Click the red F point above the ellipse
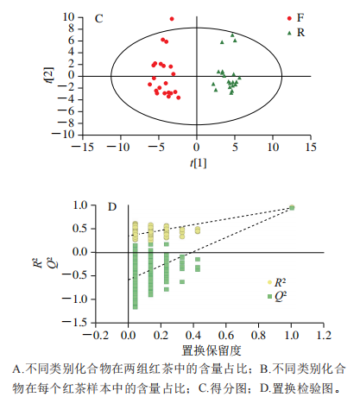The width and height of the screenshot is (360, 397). [172, 19]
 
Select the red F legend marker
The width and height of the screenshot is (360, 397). [289, 18]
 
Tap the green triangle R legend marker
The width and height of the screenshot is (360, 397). [289, 33]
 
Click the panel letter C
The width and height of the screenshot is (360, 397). [98, 19]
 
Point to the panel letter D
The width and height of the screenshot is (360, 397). [112, 207]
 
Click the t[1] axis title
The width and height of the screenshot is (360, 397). [198, 163]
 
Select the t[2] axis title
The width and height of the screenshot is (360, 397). [49, 75]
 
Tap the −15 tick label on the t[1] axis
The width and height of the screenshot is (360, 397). [83, 148]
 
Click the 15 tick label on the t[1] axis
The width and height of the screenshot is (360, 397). [311, 148]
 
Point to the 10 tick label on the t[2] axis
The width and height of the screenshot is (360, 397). [68, 17]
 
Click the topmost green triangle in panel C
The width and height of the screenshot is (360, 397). [232, 35]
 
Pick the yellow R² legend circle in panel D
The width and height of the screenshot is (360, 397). [269, 282]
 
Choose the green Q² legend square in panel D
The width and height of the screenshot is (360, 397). [269, 296]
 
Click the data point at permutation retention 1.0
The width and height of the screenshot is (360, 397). [292, 207]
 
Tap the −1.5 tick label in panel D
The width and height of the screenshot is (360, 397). [75, 323]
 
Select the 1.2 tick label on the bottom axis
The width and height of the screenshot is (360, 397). [324, 336]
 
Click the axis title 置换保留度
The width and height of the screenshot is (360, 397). [212, 350]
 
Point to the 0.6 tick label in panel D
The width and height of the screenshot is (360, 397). [226, 336]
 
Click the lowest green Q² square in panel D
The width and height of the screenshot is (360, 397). [135, 307]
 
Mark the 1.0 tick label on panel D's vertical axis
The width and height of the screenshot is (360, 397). [80, 205]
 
